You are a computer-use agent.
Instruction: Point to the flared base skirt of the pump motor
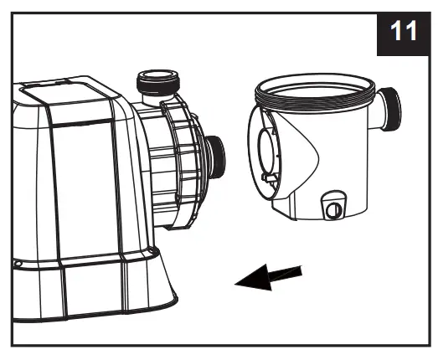tap(126, 285)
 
